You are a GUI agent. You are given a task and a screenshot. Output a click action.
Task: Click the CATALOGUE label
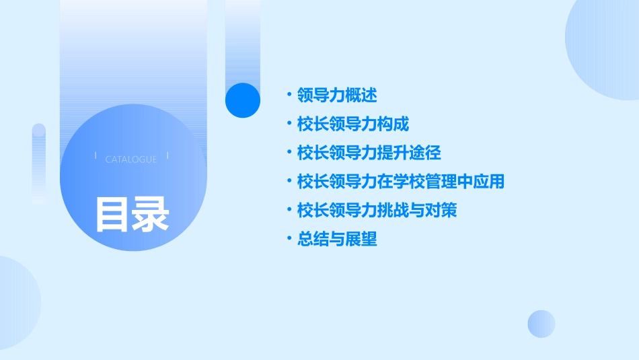point(131,159)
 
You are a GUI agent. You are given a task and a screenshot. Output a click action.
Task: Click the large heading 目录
point(132,215)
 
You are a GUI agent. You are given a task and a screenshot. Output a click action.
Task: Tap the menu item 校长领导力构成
point(353,124)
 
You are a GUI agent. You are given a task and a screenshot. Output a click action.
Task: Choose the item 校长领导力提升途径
point(369,153)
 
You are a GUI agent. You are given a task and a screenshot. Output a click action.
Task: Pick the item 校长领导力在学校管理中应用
point(401,182)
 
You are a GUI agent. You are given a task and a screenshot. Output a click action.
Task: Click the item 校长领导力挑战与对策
point(377,211)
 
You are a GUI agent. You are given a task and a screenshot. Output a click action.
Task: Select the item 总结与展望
point(337,240)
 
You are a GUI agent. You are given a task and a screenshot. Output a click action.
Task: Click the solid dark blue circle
point(243,100)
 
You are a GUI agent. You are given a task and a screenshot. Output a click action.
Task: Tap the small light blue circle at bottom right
point(541,324)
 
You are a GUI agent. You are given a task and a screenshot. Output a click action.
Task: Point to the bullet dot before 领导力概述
point(289,95)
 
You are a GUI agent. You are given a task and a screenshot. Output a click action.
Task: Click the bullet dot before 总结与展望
point(289,240)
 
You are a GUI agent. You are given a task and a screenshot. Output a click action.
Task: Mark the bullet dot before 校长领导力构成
point(289,124)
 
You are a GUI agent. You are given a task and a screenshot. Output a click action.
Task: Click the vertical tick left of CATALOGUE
point(96,156)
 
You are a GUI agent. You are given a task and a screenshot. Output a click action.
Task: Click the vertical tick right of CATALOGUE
point(167,156)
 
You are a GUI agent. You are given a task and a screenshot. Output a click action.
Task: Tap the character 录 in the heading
point(151,215)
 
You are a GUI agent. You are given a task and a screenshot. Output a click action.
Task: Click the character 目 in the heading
point(112,215)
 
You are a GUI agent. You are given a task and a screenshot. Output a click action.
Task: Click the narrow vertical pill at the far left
point(39,164)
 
